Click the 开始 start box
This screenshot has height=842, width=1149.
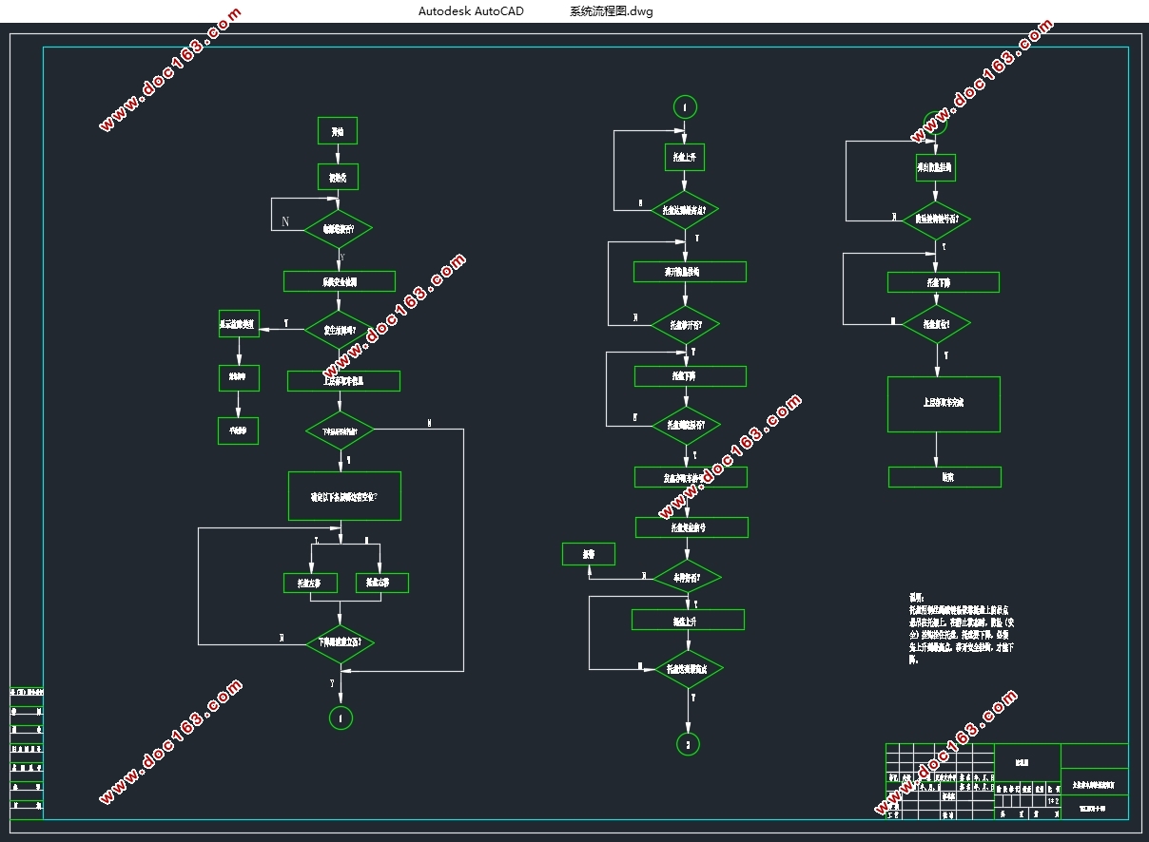[x=338, y=131]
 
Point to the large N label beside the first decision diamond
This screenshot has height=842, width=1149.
[x=285, y=221]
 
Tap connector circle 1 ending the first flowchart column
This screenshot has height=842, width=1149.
[x=341, y=718]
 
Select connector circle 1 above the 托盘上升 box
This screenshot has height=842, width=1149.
[x=684, y=106]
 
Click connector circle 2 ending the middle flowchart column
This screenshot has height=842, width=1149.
[x=688, y=743]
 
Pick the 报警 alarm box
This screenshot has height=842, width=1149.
[x=589, y=553]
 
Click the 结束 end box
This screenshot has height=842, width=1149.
[x=945, y=477]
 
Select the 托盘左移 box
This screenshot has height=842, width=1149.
[x=310, y=583]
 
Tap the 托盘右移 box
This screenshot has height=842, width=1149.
[x=382, y=583]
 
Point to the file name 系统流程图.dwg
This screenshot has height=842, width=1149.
[x=611, y=11]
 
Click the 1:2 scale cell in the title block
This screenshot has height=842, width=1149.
[x=1053, y=802]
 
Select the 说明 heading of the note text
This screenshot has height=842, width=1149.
[x=917, y=598]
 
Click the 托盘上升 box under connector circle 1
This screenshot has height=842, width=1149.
[x=685, y=157]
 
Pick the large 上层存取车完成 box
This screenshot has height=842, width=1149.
[x=944, y=404]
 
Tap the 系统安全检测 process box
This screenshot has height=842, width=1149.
[x=340, y=281]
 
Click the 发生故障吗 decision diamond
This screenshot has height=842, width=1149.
[x=339, y=330]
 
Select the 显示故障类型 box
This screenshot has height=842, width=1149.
[x=238, y=324]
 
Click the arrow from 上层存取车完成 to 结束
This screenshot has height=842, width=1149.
[x=937, y=450]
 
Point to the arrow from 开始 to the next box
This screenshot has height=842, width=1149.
[x=338, y=154]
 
